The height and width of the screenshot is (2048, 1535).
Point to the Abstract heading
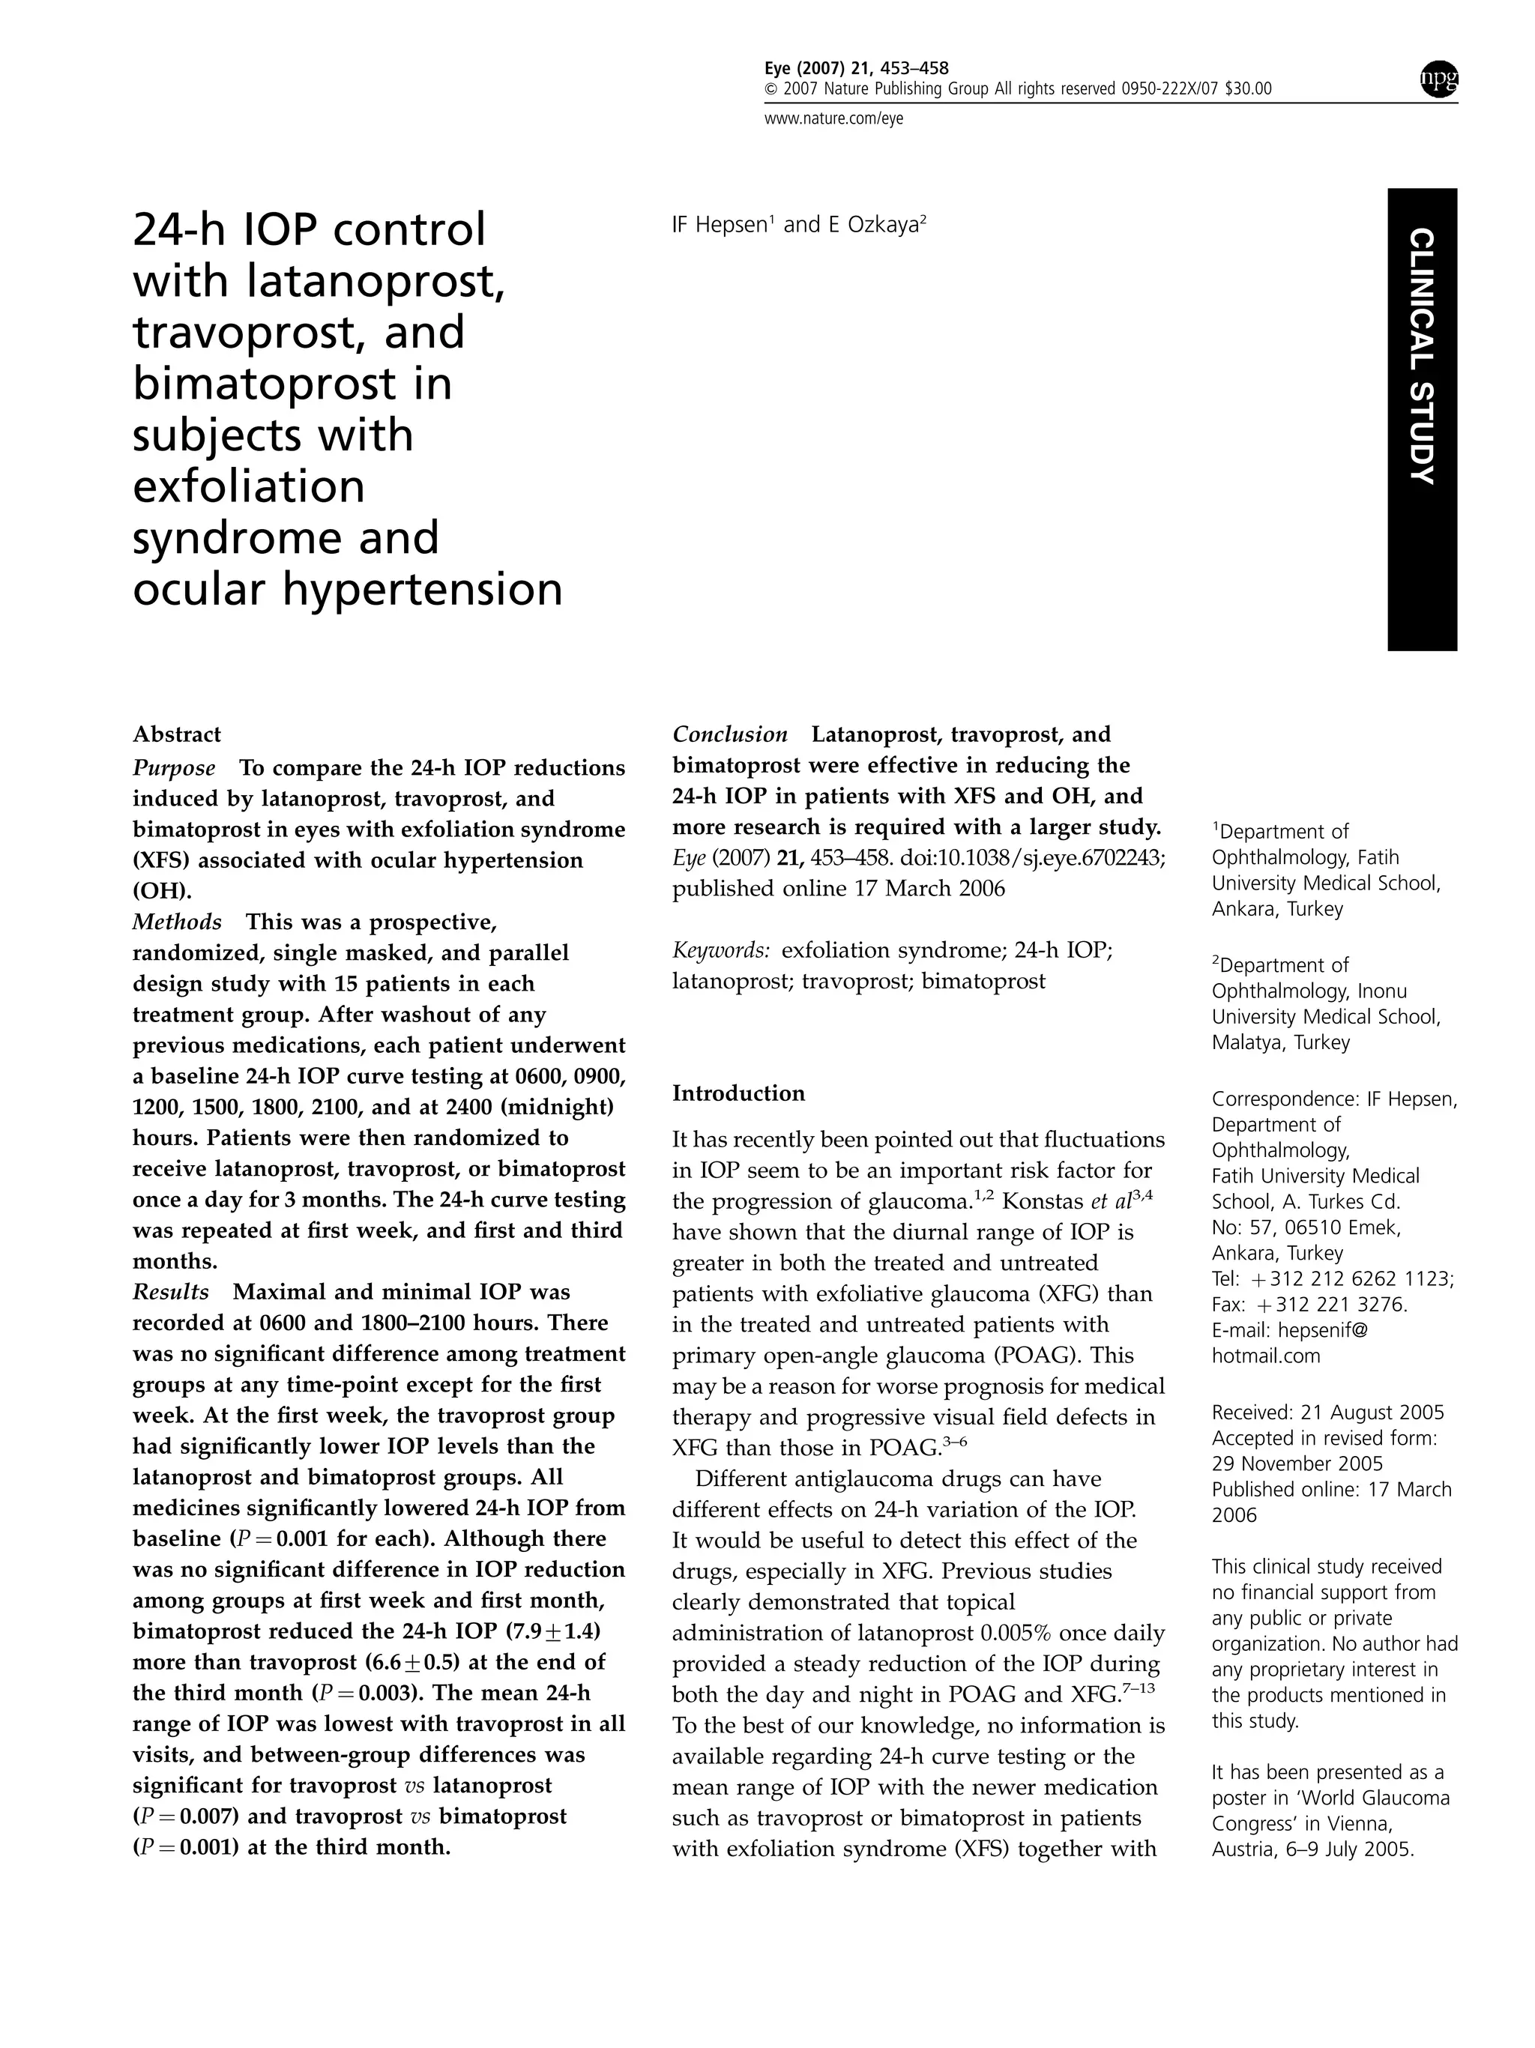177,734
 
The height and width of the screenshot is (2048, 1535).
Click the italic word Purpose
174,767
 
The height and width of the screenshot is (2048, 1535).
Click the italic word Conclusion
729,734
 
